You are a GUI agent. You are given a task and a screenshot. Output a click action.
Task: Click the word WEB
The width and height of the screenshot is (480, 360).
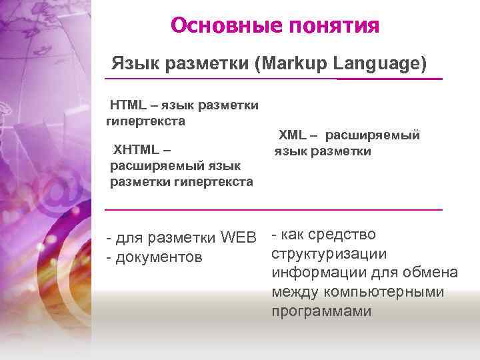(238, 237)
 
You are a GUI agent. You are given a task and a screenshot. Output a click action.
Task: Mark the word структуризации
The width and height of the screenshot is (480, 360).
(329, 254)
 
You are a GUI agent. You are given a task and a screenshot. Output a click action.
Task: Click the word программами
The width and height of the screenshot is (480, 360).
(321, 312)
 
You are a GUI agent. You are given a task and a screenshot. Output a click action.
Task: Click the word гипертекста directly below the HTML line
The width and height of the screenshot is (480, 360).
(145, 121)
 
